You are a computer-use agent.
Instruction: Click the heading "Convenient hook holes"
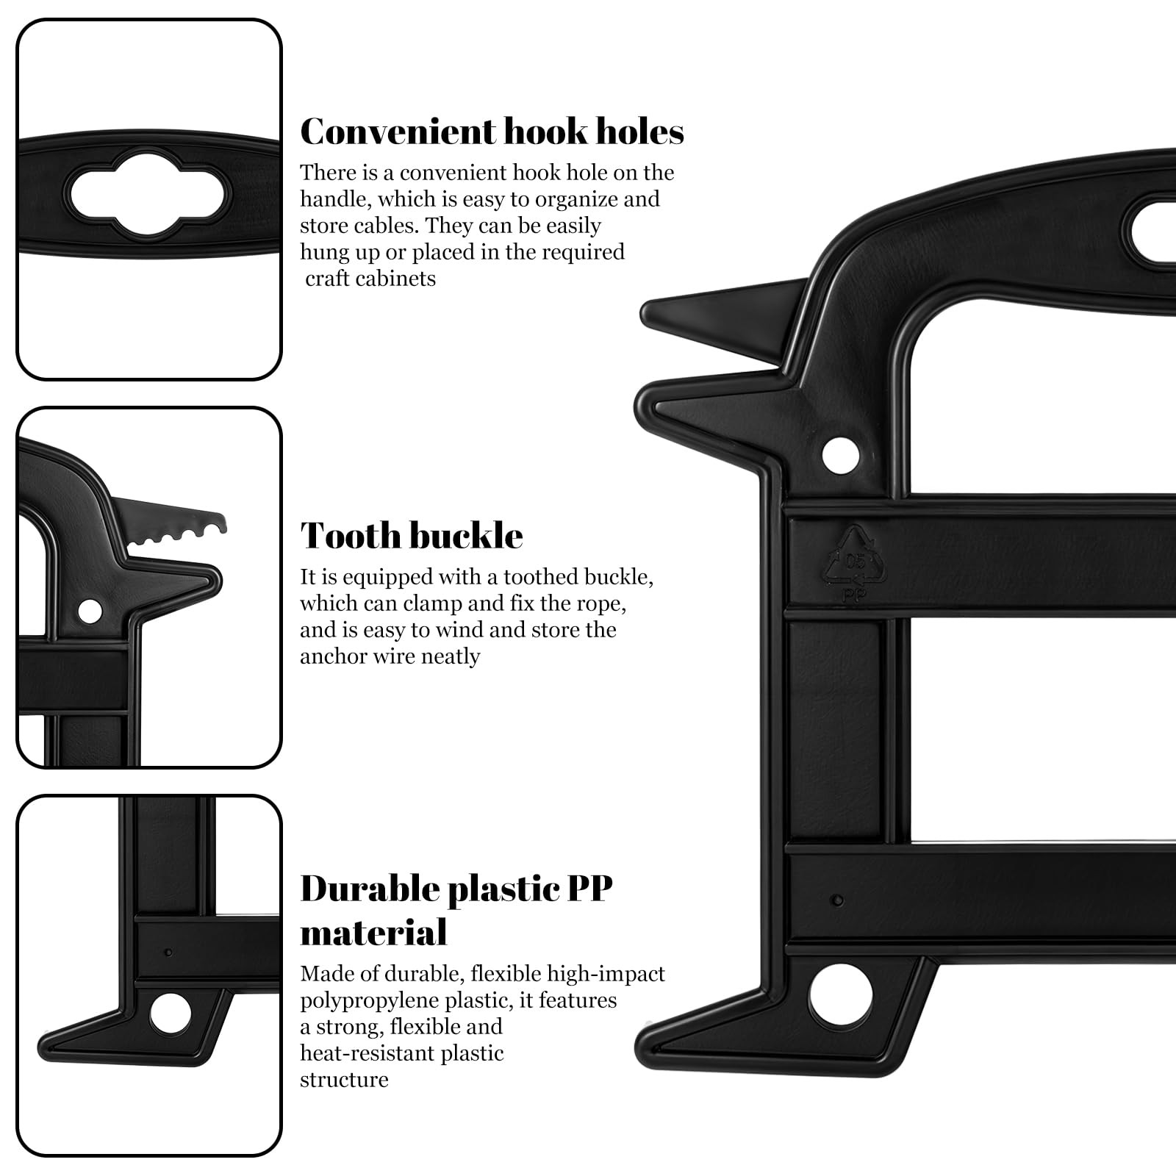pyautogui.click(x=492, y=132)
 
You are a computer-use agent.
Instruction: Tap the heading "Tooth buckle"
pyautogui.click(x=412, y=535)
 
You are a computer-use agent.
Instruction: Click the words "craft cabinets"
pyautogui.click(x=370, y=279)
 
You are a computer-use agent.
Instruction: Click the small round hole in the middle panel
pyautogui.click(x=90, y=610)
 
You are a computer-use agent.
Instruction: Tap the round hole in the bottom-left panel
pyautogui.click(x=170, y=1014)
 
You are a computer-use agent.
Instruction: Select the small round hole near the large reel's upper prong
pyautogui.click(x=841, y=455)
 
